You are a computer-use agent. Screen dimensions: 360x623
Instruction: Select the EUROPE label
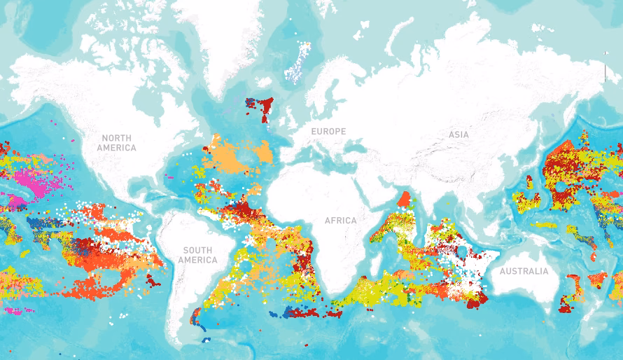328,132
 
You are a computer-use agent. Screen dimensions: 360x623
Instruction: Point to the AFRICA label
340,221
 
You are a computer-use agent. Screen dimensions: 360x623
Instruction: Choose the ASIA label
459,134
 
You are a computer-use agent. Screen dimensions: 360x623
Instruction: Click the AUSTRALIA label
524,272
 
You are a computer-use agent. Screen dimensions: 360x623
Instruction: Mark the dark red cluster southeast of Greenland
265,109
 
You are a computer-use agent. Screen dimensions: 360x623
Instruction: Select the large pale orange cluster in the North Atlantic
234,158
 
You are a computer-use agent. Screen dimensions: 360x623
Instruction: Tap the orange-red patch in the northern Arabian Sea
404,200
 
